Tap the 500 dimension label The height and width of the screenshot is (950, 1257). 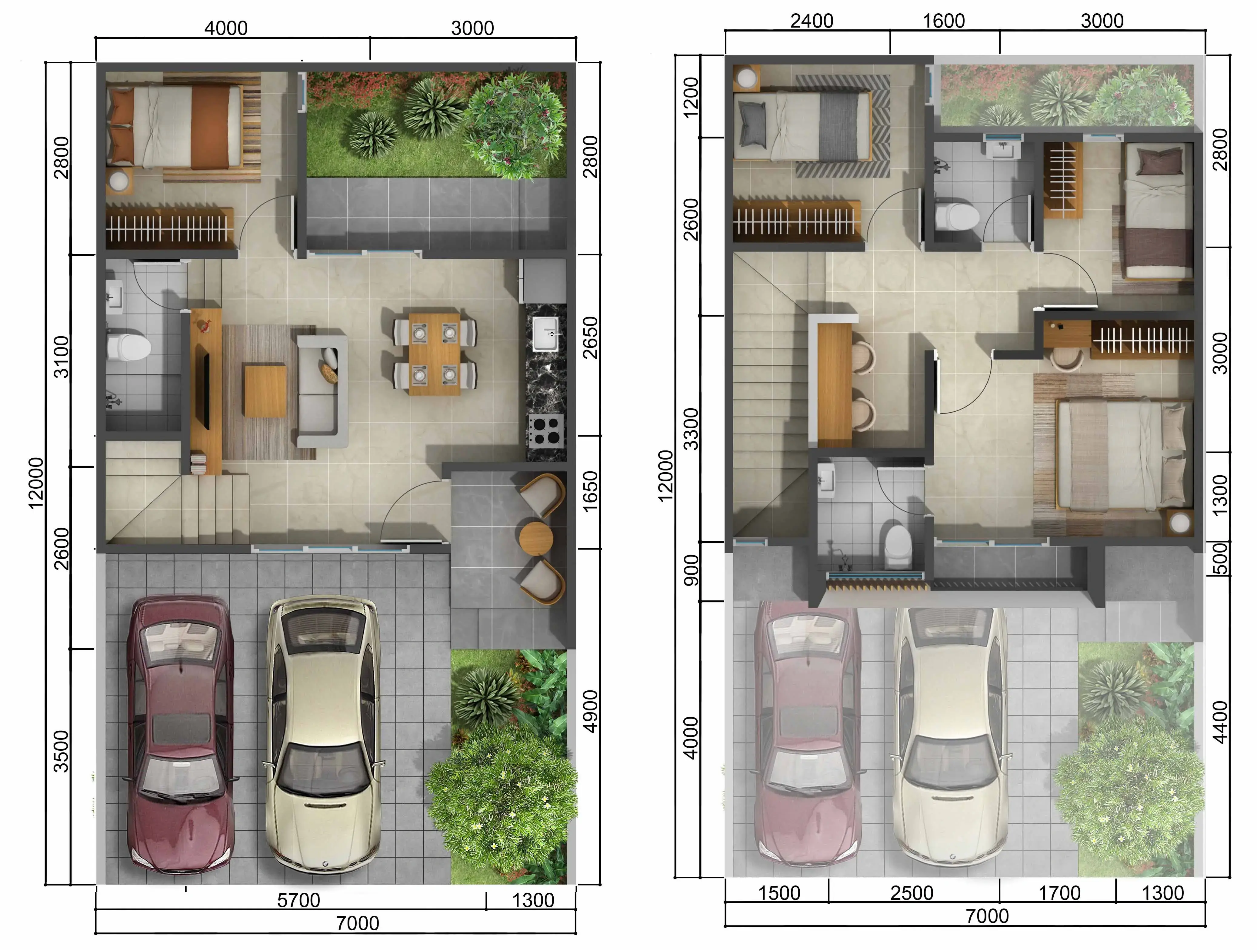coord(1220,560)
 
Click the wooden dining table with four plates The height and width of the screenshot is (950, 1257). coord(435,354)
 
